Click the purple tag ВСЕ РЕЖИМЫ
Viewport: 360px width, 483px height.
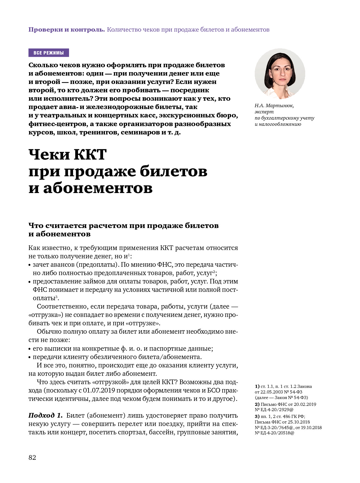(49, 53)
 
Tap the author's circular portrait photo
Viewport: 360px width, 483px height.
(280, 74)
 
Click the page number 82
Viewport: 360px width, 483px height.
(32, 458)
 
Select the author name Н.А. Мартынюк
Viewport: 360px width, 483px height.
(274, 106)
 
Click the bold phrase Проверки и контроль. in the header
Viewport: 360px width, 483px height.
(67, 30)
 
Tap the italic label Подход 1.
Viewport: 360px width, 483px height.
(46, 415)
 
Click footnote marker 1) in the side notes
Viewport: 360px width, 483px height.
(257, 386)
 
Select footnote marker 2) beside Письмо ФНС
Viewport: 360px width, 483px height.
(257, 404)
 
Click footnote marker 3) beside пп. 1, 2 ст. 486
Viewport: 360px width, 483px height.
(257, 416)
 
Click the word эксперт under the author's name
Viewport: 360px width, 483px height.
(264, 112)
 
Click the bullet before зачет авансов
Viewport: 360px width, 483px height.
(30, 265)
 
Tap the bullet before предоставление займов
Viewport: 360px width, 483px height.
(30, 282)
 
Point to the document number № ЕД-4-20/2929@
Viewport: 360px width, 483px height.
(274, 410)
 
